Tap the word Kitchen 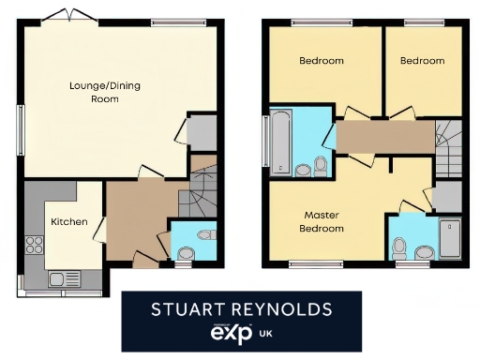(68, 222)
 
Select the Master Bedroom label (321, 221)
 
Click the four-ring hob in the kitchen (35, 246)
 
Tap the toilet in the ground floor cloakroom (186, 253)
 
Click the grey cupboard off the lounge (202, 134)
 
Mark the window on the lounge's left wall (19, 124)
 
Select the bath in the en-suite (451, 238)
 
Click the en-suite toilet (400, 248)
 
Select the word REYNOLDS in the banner (286, 307)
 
